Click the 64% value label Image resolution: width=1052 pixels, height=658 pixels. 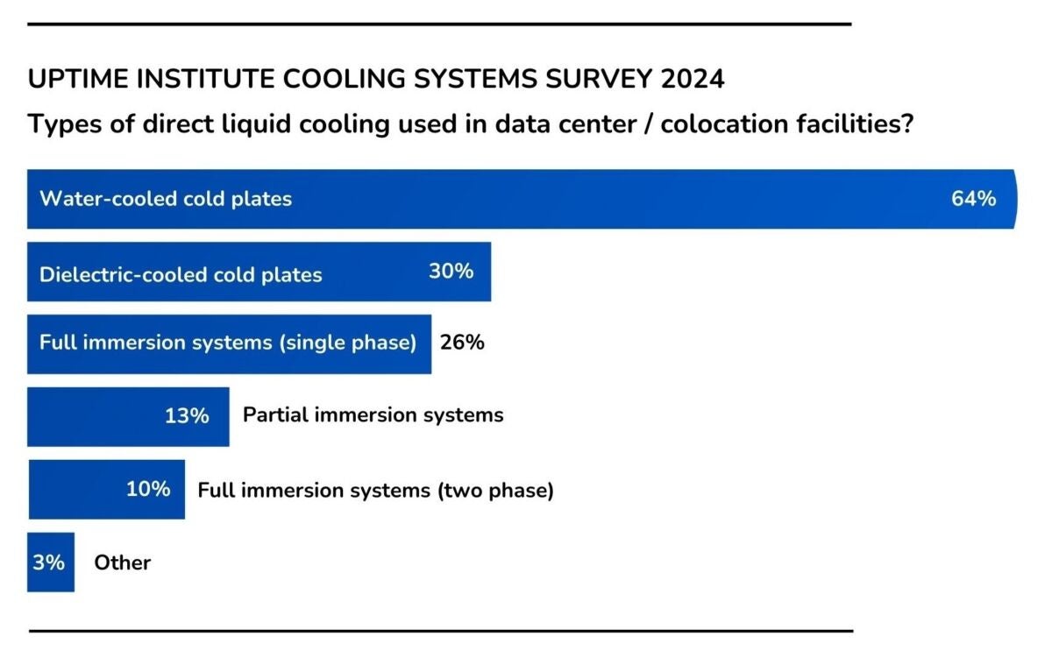click(973, 199)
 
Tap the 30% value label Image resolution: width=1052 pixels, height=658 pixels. click(451, 272)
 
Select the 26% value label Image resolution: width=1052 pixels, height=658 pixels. click(462, 343)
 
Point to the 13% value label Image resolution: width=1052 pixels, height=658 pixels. click(187, 415)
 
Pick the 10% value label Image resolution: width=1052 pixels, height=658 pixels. click(148, 489)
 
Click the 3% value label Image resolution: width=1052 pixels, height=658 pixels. click(49, 562)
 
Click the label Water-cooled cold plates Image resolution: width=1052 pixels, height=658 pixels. click(166, 199)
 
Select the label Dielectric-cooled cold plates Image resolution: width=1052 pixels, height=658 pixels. click(181, 274)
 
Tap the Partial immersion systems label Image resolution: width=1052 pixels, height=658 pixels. click(373, 414)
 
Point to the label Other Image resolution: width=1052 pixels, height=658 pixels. click(123, 562)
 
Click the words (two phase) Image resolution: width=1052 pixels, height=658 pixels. click(495, 491)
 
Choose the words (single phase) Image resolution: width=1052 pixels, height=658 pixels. click(347, 343)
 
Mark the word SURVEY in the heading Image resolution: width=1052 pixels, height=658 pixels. click(605, 79)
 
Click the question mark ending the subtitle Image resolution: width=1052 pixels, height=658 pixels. click(908, 124)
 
